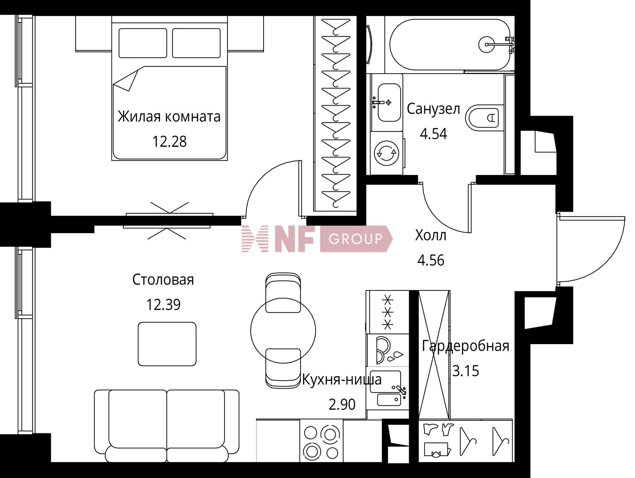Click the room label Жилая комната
(x=169, y=117)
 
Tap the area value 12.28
(x=169, y=141)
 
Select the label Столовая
(x=163, y=280)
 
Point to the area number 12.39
(x=163, y=305)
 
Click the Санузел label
(x=433, y=109)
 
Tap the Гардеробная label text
(x=466, y=346)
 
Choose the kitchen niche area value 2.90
(x=342, y=404)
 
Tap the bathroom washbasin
(x=389, y=102)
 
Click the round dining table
(x=283, y=330)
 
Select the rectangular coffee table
(x=167, y=344)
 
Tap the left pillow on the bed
(x=143, y=43)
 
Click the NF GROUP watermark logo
(x=317, y=239)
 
